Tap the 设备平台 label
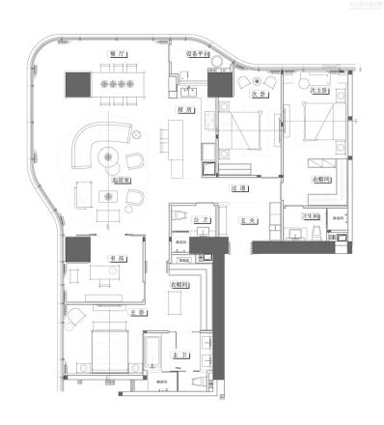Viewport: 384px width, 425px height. tap(200, 56)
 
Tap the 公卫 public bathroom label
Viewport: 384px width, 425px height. tap(200, 221)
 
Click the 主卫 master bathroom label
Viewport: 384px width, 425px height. tap(178, 355)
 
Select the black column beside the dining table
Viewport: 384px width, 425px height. tap(76, 84)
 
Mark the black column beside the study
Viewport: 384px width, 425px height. tap(76, 250)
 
